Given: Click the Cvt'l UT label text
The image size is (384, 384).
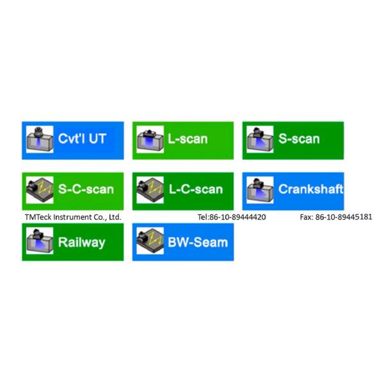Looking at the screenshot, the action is pos(82,139).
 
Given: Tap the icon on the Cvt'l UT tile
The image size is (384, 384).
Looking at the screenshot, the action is pos(40,140).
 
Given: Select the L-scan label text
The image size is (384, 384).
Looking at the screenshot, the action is pos(188,139).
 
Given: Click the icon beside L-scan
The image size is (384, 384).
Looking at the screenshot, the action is pos(150,140).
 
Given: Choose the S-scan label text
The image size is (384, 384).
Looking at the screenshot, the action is pos(299,139).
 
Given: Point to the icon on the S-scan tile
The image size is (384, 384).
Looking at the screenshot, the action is pos(260,140).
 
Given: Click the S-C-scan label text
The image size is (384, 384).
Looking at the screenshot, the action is pos(86,189).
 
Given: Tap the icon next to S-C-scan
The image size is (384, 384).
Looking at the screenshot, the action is pos(40,190).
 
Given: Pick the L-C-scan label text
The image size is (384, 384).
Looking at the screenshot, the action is pos(196,189).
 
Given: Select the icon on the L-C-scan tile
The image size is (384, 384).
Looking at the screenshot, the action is pos(150,190).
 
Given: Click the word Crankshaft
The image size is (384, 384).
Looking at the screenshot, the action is pos(311,189).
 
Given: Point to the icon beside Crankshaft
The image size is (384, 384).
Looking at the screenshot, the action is pos(260,190).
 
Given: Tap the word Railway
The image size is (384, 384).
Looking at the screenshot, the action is pos(82,243).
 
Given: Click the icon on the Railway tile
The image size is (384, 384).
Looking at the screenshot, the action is pos(40,241).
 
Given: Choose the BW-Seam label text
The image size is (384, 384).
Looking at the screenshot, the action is pos(198,243).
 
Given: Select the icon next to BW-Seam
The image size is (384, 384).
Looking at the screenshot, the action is pos(150,241).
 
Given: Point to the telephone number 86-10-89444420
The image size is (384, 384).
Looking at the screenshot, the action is pos(237,217).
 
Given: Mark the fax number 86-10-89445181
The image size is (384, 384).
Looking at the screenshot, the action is pos(344,217).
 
